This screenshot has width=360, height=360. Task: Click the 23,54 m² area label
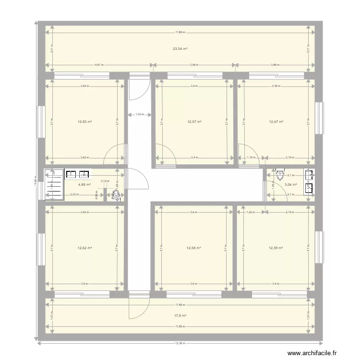pos(180,48)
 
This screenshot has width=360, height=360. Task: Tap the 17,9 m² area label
pos(180,315)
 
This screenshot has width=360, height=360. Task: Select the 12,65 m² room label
pos(84,121)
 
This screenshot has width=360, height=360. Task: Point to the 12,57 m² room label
pos(194,121)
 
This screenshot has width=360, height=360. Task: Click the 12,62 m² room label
pos(84,248)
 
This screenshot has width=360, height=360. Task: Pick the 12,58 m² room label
pos(193,248)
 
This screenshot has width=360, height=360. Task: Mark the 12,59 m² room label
pos(276,248)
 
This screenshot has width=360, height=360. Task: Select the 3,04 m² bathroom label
pos(290,184)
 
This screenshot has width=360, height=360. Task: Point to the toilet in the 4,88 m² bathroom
pos(116,194)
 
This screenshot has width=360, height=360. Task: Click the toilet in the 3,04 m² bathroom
pos(280,175)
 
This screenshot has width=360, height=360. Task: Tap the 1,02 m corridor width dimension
pos(140,115)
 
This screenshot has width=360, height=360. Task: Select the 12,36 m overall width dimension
pos(180,343)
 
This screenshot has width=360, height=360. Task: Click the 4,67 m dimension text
pos(99,64)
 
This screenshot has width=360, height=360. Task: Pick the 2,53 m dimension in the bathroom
pos(74,194)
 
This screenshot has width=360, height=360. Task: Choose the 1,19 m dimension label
pos(250,157)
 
